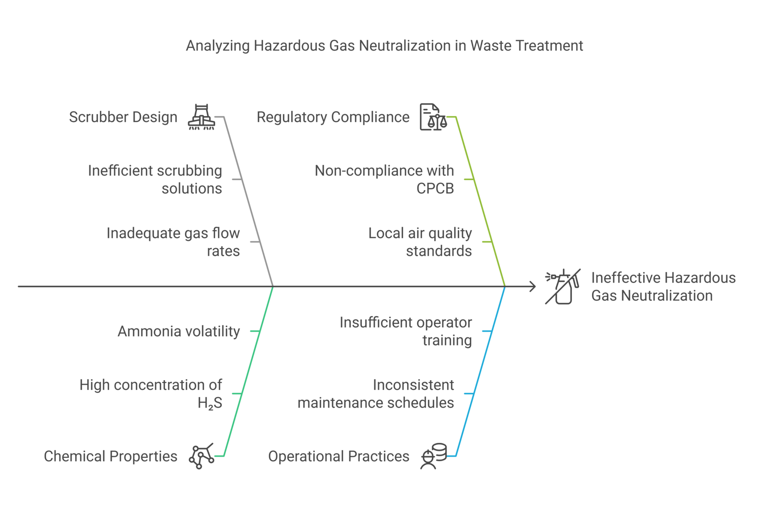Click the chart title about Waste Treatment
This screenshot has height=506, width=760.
tap(384, 46)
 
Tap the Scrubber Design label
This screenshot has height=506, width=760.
tap(123, 117)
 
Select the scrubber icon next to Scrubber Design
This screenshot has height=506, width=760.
tap(201, 117)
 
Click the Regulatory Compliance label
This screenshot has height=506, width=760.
tap(333, 117)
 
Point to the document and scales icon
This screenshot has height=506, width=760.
tap(433, 117)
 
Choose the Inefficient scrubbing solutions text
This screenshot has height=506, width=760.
tap(155, 180)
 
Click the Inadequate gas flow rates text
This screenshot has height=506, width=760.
tap(173, 242)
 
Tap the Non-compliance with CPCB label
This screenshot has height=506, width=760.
tap(384, 180)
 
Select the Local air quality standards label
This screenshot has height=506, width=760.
tap(420, 242)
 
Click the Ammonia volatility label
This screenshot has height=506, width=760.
tap(179, 331)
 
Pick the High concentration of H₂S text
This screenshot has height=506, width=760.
tap(151, 394)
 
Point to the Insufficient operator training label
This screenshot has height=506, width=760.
tap(406, 331)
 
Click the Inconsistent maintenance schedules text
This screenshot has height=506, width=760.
tap(376, 394)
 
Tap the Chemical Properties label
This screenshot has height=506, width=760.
tap(111, 457)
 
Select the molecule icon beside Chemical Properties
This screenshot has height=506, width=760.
tap(201, 456)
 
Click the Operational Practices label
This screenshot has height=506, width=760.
tap(339, 457)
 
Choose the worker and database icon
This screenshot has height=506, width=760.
tap(434, 456)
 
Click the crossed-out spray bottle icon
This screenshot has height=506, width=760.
tap(563, 286)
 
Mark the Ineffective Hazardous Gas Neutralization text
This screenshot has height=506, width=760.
tap(663, 287)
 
